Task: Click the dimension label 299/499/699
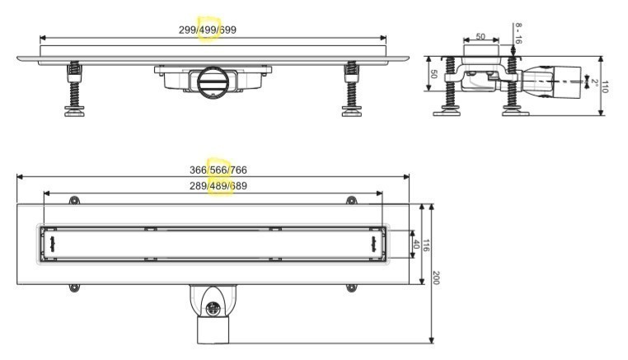tap(208, 30)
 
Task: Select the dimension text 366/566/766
tap(218, 171)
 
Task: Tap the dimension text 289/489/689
tap(218, 186)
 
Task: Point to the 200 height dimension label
tap(436, 277)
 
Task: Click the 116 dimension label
tap(426, 245)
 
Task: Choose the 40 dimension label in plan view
tap(415, 245)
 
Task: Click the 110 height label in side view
tap(605, 86)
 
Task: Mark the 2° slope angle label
tap(595, 83)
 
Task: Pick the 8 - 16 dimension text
tap(518, 33)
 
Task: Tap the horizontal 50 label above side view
tap(480, 36)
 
